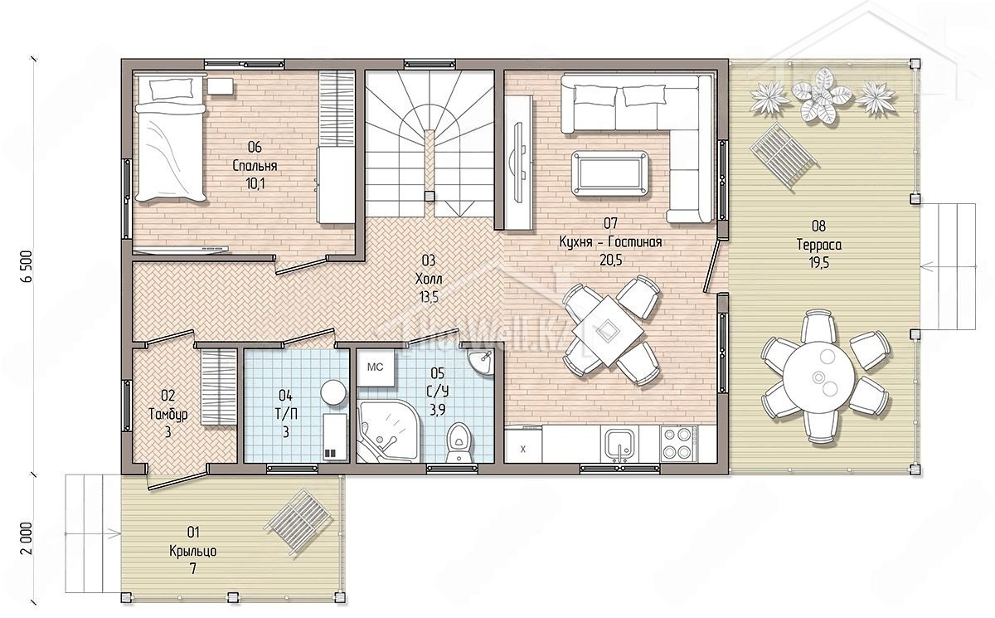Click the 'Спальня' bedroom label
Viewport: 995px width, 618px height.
click(x=255, y=166)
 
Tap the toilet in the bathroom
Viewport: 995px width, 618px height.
click(x=459, y=442)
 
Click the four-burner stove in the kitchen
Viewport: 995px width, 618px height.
click(x=679, y=443)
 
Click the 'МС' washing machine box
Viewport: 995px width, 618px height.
click(x=376, y=367)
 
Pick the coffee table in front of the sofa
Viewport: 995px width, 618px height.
click(x=610, y=173)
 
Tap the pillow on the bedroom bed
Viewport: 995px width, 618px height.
click(x=172, y=89)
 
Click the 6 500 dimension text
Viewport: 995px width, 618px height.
click(x=27, y=266)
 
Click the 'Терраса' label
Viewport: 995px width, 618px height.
click(x=818, y=245)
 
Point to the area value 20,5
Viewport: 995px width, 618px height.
click(x=611, y=260)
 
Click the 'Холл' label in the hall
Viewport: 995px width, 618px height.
click(x=429, y=279)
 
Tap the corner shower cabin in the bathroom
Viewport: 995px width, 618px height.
click(x=387, y=432)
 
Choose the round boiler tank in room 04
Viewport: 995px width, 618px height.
click(x=333, y=392)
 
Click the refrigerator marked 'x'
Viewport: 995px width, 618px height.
click(x=523, y=445)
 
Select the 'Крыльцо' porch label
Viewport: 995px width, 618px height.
click(x=192, y=552)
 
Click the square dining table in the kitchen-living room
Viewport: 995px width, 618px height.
click(x=608, y=331)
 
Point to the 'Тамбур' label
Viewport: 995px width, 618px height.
click(x=167, y=415)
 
